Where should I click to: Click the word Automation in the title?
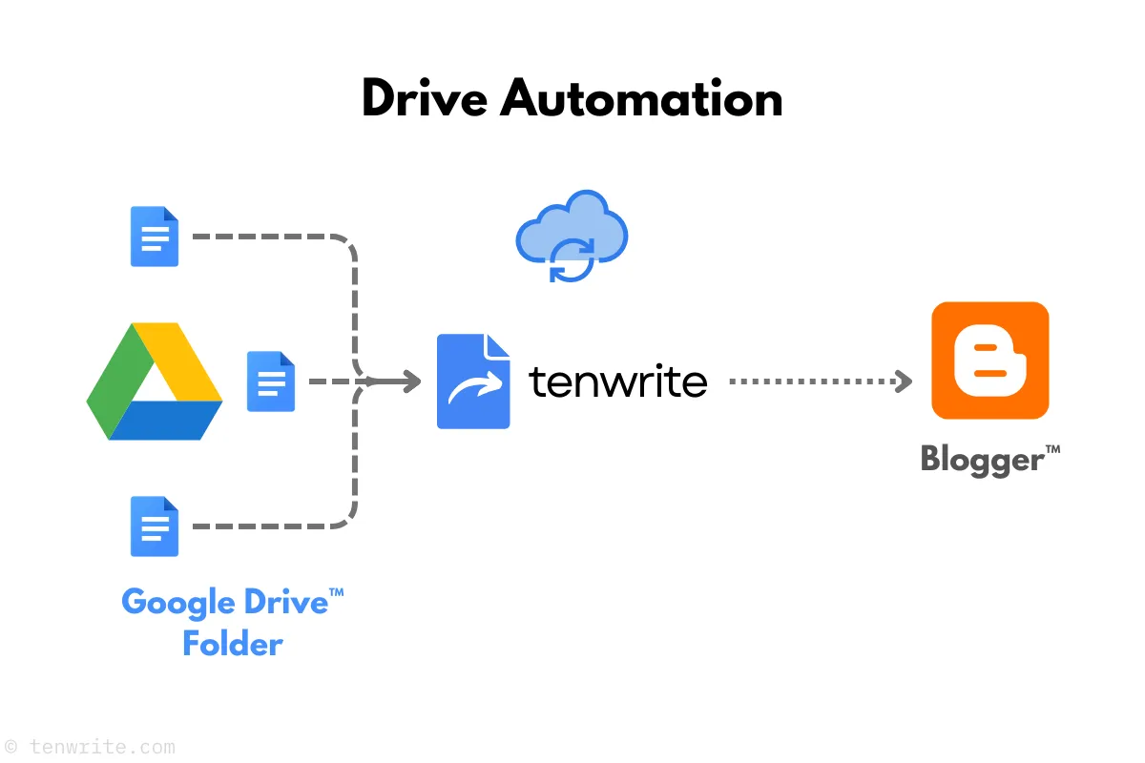tap(641, 97)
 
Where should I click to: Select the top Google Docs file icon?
tap(155, 237)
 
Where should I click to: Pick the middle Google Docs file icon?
tap(271, 381)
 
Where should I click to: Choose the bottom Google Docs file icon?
tap(155, 526)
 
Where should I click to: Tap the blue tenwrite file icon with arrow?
tap(473, 381)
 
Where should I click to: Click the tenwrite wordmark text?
tap(618, 381)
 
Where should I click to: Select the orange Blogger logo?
tap(989, 361)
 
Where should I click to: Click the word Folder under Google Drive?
tap(233, 644)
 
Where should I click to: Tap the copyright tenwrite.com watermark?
tap(91, 747)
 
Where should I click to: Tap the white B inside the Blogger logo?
tap(989, 361)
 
